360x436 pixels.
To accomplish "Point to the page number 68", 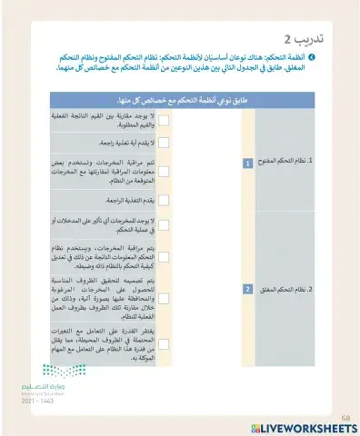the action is click(x=345, y=416).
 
